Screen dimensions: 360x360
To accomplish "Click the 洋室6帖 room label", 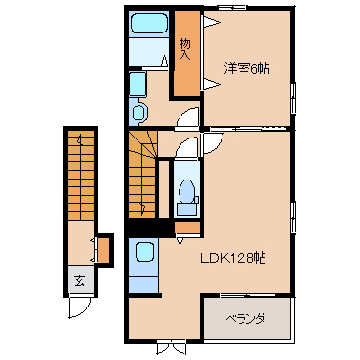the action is pyautogui.click(x=246, y=69).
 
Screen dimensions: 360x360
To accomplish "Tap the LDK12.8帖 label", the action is pyautogui.click(x=233, y=258).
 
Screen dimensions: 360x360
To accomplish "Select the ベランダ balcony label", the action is pyautogui.click(x=245, y=319).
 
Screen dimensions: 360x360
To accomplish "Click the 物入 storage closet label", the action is pyautogui.click(x=185, y=50).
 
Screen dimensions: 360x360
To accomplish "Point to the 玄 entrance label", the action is pyautogui.click(x=80, y=281).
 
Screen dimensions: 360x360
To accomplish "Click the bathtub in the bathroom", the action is pyautogui.click(x=149, y=23).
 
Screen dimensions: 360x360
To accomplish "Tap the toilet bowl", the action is pyautogui.click(x=186, y=193).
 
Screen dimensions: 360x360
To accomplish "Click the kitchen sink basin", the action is pyautogui.click(x=144, y=252).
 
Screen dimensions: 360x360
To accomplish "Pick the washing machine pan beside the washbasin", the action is pyautogui.click(x=138, y=83).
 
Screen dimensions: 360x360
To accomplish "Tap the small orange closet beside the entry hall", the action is pyautogui.click(x=104, y=250).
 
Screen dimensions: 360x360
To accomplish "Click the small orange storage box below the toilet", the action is pyautogui.click(x=187, y=227).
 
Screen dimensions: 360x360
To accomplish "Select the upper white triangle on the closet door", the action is pyautogui.click(x=211, y=23).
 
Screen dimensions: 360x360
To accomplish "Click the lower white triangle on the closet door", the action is pyautogui.click(x=211, y=84).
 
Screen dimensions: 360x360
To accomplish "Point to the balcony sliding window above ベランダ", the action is pyautogui.click(x=247, y=295).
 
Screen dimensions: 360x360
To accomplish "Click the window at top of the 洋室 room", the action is pyautogui.click(x=232, y=7).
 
